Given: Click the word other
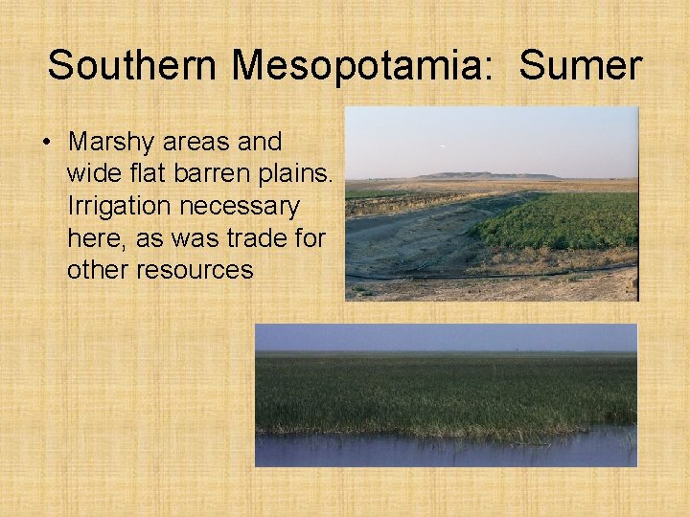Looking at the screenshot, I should (99, 270).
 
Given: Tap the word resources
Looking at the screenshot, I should (195, 270).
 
